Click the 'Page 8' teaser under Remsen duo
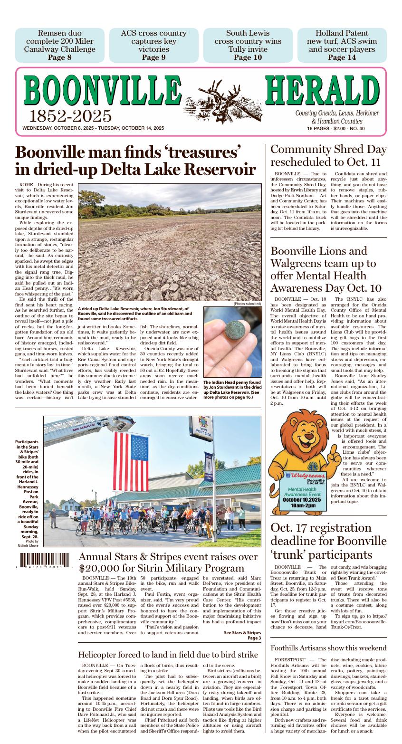[x=60, y=57]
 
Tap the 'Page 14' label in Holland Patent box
[x=342, y=57]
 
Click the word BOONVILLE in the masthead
[x=102, y=92]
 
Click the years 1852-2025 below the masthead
[x=71, y=116]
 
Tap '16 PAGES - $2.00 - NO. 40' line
[x=335, y=129]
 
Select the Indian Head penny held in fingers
[x=231, y=331]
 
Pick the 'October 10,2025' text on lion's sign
[x=302, y=500]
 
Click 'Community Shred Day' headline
[x=328, y=150]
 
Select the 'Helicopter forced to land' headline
[x=168, y=655]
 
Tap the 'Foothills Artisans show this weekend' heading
[x=328, y=648]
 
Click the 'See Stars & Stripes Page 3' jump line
[x=242, y=635]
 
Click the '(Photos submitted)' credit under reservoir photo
[x=247, y=304]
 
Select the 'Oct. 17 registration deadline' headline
[x=328, y=541]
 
